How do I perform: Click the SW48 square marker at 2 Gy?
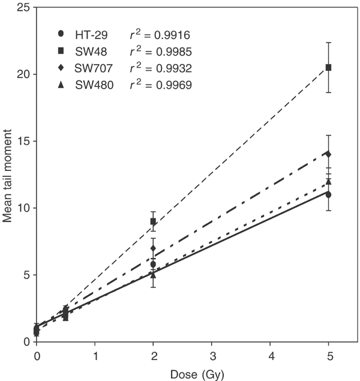click(x=153, y=221)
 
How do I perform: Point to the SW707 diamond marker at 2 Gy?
click(x=153, y=248)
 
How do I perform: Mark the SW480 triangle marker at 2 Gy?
click(x=153, y=275)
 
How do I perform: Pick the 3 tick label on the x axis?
click(x=212, y=355)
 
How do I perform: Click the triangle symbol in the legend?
click(x=55, y=88)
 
